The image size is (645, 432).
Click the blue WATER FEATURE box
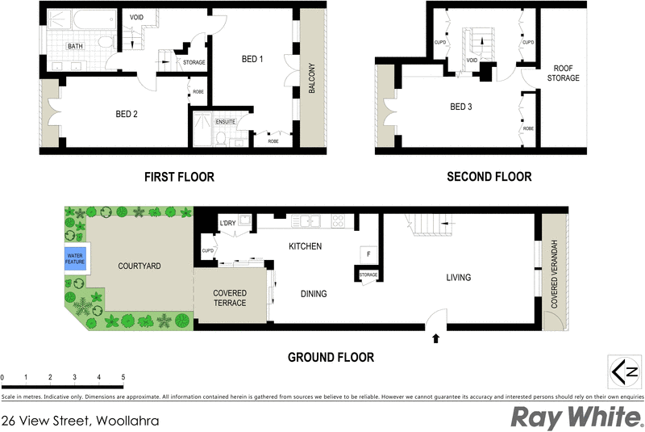click(x=76, y=260)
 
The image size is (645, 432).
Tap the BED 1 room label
click(x=252, y=60)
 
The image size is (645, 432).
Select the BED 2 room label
click(x=126, y=115)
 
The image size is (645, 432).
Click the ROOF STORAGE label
click(x=564, y=73)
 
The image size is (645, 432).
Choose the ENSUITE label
click(x=225, y=122)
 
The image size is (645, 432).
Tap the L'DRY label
click(x=227, y=223)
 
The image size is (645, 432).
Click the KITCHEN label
click(x=306, y=246)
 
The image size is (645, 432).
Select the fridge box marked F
click(x=368, y=254)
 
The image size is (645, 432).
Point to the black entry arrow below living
click(x=436, y=339)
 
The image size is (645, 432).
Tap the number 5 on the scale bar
click(x=123, y=377)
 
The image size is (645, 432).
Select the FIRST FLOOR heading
click(x=179, y=177)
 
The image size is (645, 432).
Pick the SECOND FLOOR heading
click(x=489, y=177)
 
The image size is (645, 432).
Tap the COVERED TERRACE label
click(x=230, y=298)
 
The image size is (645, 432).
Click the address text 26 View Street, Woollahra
click(x=80, y=421)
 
